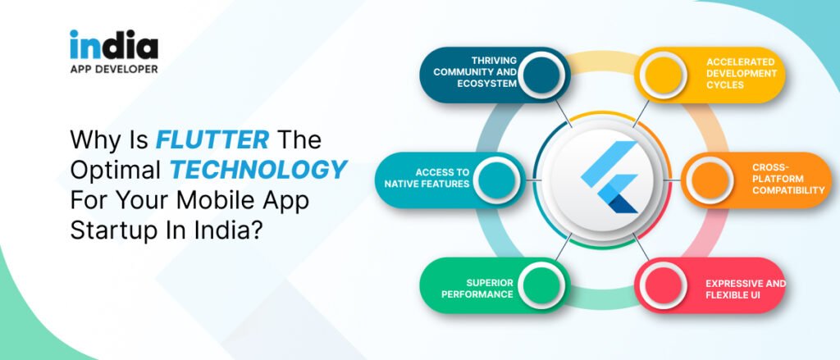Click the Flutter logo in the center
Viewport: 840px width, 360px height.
click(609, 177)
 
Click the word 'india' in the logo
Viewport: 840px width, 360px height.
click(113, 45)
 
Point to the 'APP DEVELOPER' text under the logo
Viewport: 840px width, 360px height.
click(113, 69)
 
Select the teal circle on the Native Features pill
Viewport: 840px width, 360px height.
click(493, 179)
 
